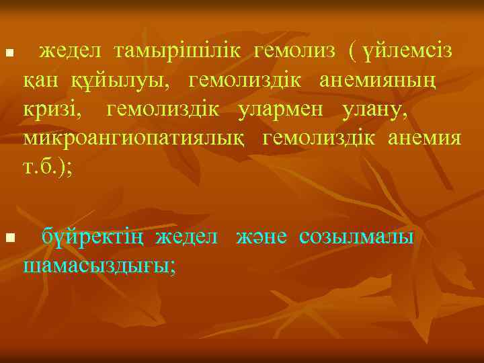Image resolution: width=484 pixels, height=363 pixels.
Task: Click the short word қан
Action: pyautogui.click(x=40, y=82)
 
